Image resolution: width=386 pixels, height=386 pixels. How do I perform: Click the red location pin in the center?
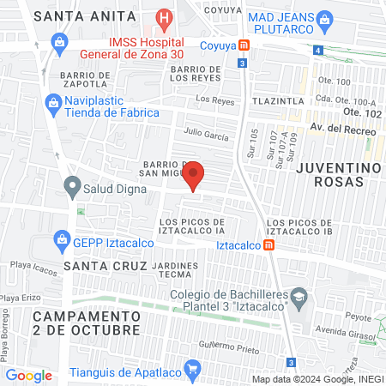pyautogui.click(x=195, y=174)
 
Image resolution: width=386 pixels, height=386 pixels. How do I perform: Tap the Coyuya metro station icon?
pyautogui.click(x=244, y=45)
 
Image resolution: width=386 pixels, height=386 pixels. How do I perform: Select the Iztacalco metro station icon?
pyautogui.click(x=269, y=244)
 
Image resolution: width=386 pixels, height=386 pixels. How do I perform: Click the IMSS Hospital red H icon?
pyautogui.click(x=163, y=18)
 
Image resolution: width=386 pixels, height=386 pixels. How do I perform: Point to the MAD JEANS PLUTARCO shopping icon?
pyautogui.click(x=324, y=19)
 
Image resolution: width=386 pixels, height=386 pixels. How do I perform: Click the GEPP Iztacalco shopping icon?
pyautogui.click(x=61, y=238)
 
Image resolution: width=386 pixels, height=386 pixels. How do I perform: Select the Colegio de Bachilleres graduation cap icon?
pyautogui.click(x=299, y=298)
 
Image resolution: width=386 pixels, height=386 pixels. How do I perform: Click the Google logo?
pyautogui.click(x=28, y=375)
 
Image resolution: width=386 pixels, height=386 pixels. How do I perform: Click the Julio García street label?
pyautogui.click(x=207, y=134)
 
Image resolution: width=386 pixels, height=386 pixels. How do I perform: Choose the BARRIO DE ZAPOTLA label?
pyautogui.click(x=85, y=80)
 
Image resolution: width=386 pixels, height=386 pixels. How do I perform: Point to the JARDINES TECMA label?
pyautogui.click(x=175, y=271)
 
